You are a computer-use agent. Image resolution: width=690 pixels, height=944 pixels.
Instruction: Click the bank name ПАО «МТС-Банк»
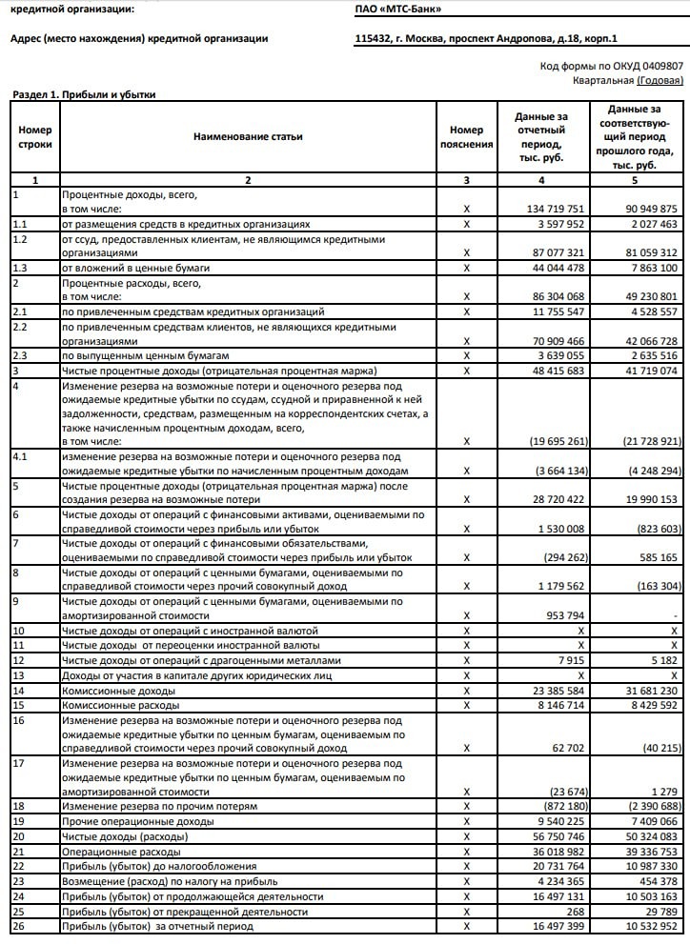point(397,9)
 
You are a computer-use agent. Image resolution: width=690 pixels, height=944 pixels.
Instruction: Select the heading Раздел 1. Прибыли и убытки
point(83,94)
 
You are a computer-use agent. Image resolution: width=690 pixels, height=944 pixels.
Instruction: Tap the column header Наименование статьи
point(248,137)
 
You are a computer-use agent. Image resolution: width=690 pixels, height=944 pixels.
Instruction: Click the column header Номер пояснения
point(466,137)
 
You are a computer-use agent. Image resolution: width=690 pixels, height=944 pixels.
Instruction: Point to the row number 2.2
point(20,327)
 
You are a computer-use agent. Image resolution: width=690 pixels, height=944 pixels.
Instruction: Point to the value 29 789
point(659,911)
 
